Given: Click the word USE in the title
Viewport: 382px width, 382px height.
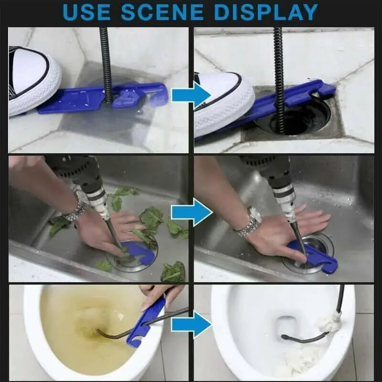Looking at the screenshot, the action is [x=86, y=12].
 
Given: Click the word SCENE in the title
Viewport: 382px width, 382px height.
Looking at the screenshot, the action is [x=162, y=12].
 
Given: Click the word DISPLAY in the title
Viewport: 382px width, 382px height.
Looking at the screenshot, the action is [x=266, y=12].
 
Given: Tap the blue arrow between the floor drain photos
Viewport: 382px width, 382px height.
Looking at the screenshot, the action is [x=191, y=95].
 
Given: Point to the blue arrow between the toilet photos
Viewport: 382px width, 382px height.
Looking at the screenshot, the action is [x=191, y=324].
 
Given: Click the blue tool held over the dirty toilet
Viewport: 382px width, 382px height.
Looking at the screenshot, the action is [x=146, y=319].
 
